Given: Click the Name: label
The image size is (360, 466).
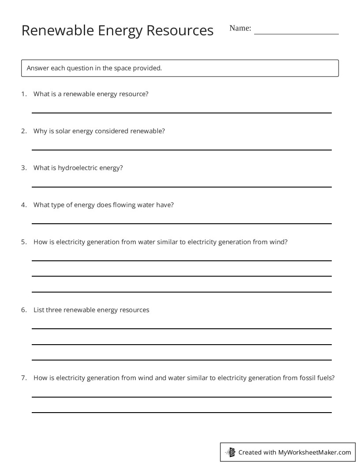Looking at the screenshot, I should [240, 28].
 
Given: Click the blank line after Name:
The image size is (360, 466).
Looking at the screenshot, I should [296, 34].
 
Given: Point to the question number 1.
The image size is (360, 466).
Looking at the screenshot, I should [24, 94].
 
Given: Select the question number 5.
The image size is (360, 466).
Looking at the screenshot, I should [24, 242].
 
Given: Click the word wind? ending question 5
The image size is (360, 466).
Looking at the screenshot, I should [278, 242].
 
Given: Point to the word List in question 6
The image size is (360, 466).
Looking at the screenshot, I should [38, 310].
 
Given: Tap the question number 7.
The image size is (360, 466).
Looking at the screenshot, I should [24, 378].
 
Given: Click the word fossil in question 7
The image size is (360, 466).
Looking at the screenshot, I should [306, 378].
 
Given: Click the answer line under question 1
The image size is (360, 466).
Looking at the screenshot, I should [181, 113].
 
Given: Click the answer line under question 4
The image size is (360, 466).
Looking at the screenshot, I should [181, 224].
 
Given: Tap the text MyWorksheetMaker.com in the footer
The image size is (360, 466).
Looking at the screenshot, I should [314, 452].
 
